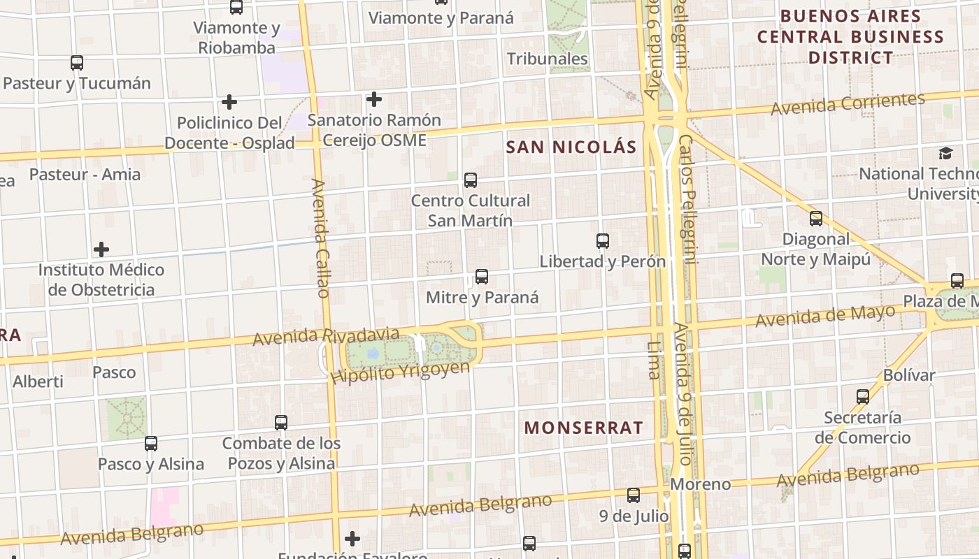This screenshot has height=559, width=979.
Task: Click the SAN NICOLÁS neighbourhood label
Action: click(571, 147)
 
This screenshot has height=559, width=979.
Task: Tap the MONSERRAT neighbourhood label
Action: click(584, 428)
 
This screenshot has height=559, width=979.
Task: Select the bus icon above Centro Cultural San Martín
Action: click(471, 180)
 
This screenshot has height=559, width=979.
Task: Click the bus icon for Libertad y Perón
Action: click(603, 241)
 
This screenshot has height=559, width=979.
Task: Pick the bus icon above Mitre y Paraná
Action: click(482, 277)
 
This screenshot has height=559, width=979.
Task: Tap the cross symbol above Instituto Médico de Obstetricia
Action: click(101, 249)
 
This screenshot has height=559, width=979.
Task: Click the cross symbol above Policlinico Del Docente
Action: click(229, 103)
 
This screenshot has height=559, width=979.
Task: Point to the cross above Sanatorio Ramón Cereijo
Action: click(374, 99)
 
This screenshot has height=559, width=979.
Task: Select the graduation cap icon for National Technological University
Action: click(945, 153)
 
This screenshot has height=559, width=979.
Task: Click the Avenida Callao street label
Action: click(320, 238)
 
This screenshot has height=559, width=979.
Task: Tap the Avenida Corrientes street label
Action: click(848, 103)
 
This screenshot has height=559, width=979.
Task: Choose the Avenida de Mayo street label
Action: click(825, 316)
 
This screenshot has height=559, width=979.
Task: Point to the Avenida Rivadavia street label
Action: click(326, 336)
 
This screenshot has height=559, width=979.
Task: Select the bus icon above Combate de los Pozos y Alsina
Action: click(281, 423)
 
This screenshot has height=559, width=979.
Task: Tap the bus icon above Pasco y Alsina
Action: click(151, 444)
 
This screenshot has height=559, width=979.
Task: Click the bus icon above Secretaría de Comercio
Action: click(863, 397)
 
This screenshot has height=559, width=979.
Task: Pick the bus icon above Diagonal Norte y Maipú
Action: click(815, 219)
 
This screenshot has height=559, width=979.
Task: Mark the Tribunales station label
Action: click(548, 59)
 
